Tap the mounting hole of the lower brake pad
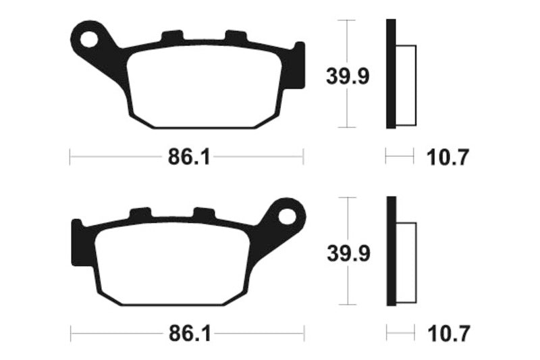coord(287,217)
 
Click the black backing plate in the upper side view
coord(390,74)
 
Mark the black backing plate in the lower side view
coord(390,251)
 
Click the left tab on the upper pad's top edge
coord(172,36)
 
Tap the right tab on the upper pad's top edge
coord(235,36)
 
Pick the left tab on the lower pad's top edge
coord(140,213)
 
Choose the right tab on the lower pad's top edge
coord(202,213)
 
